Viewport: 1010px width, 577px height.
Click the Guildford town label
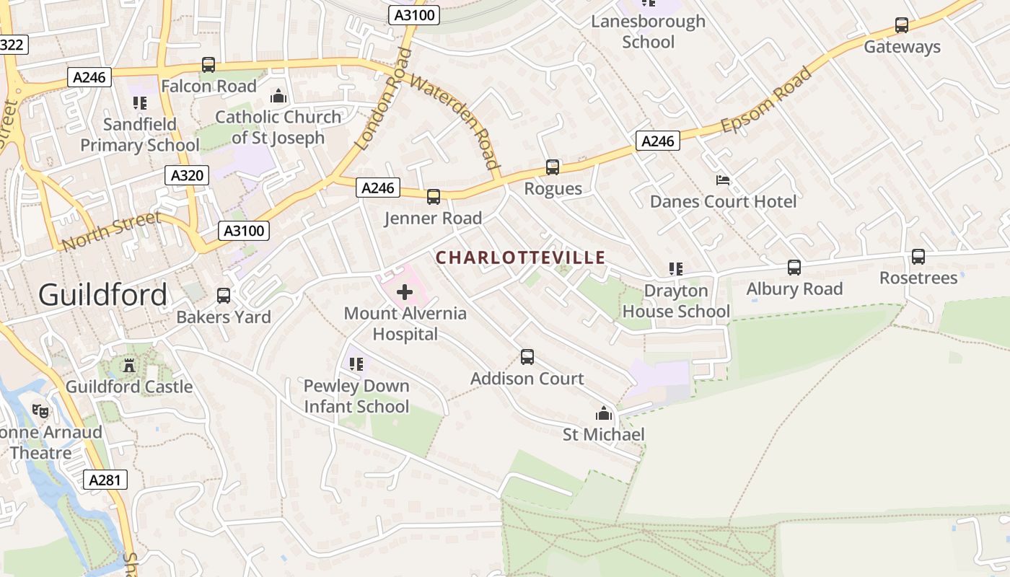click(102, 295)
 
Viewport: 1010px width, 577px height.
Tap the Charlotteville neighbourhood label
click(520, 257)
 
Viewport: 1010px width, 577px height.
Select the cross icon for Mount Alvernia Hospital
click(405, 292)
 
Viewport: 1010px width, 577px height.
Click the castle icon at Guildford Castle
click(129, 366)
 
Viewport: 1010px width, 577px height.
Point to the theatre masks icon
click(41, 411)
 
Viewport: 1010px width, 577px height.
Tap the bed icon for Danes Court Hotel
click(723, 180)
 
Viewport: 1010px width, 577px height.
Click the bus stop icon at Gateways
click(902, 25)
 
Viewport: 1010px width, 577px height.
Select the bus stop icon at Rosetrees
click(918, 257)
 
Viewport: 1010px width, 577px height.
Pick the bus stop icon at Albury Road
click(794, 268)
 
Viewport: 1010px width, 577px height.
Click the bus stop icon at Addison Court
click(527, 357)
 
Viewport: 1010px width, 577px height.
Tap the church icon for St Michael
click(603, 413)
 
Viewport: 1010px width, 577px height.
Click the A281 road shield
click(105, 480)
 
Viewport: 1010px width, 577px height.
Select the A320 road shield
click(186, 175)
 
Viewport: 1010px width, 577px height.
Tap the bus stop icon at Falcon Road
click(208, 65)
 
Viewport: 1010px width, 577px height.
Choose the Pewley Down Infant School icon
click(356, 364)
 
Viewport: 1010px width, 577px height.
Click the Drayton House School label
click(676, 301)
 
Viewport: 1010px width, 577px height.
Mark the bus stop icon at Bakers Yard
click(224, 296)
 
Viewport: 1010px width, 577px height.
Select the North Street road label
click(112, 231)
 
